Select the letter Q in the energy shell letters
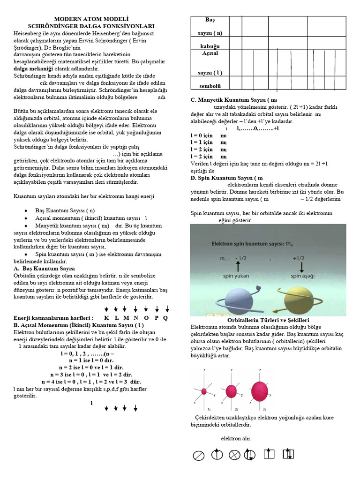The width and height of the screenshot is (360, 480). click(x=165, y=318)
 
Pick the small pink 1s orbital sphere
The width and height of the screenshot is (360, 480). click(x=204, y=391)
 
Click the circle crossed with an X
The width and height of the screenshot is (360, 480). click(x=234, y=455)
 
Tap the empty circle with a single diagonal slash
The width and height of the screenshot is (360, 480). click(x=199, y=455)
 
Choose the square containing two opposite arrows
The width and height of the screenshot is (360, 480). click(x=288, y=454)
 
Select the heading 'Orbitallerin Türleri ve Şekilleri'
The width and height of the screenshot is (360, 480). click(x=268, y=319)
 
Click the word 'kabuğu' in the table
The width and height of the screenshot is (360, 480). click(x=210, y=46)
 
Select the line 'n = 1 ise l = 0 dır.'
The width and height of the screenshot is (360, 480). click(x=91, y=361)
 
